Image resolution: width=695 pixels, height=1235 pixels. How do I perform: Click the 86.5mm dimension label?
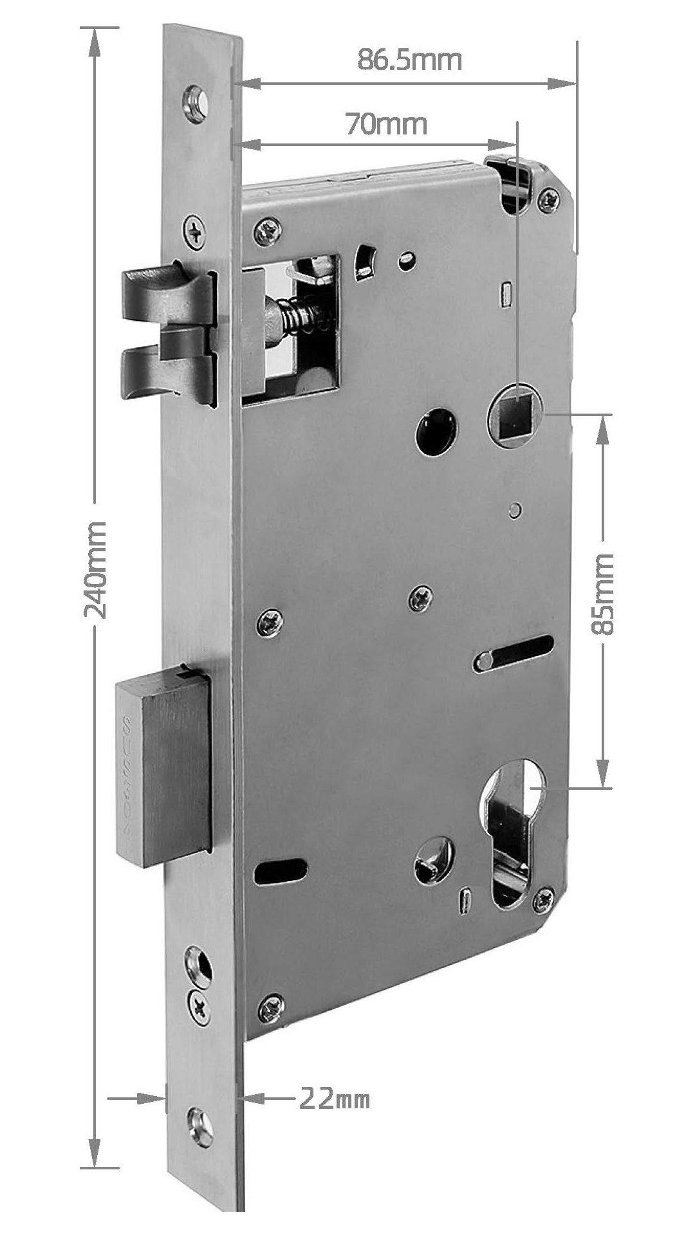tap(410, 60)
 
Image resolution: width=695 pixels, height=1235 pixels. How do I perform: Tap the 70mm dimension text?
tap(386, 123)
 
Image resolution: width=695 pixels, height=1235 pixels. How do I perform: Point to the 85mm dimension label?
tap(604, 594)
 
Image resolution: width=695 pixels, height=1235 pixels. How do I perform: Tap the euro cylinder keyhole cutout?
tap(512, 829)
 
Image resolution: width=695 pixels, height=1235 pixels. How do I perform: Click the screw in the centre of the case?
tap(420, 599)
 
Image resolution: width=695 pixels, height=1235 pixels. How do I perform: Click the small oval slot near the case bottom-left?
tap(280, 872)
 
